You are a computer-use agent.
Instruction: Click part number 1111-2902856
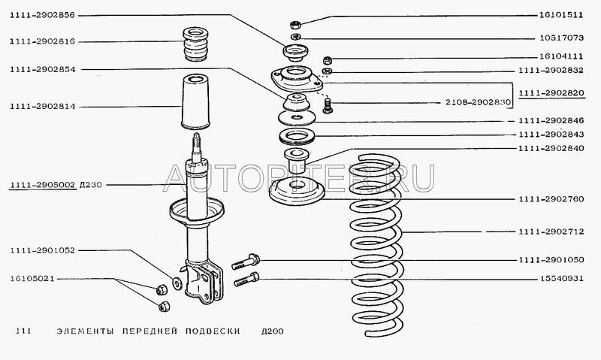click(43, 15)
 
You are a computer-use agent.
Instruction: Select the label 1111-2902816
click(43, 41)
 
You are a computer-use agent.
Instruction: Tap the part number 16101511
click(561, 15)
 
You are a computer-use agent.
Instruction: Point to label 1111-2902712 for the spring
click(551, 231)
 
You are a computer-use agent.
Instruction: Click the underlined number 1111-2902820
click(551, 92)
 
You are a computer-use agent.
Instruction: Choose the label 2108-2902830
click(478, 102)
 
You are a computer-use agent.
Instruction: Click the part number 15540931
click(562, 279)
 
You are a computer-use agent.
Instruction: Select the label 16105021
click(32, 278)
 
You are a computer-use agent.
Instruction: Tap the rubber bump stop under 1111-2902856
click(195, 44)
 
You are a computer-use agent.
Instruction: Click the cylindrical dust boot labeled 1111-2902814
click(195, 102)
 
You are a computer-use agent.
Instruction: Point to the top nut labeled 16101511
click(294, 25)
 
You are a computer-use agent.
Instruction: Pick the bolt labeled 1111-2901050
click(246, 262)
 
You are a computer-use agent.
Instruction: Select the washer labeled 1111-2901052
click(177, 283)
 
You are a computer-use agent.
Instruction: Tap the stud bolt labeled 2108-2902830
click(328, 105)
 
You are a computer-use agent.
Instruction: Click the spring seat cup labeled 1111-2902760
click(297, 192)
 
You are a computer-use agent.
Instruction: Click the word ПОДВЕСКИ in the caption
click(213, 331)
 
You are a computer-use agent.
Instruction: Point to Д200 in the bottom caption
click(273, 331)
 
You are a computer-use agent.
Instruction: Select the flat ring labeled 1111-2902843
click(297, 137)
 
